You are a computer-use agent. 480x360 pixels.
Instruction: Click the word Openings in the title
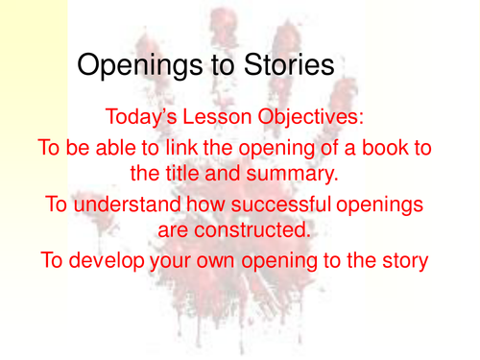(137, 65)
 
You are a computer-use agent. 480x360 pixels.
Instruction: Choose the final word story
(400, 261)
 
